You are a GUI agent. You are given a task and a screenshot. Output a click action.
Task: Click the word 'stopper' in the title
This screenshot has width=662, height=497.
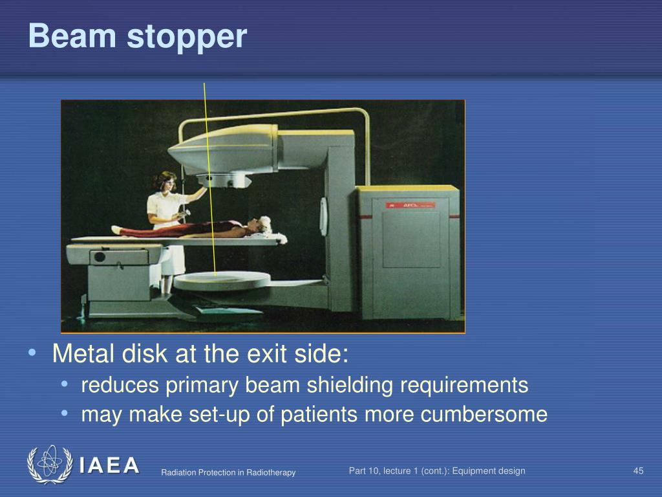(187, 38)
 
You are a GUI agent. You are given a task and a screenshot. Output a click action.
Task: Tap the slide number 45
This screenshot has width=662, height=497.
(638, 470)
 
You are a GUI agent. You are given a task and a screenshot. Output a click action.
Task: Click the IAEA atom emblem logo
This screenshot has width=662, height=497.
(50, 464)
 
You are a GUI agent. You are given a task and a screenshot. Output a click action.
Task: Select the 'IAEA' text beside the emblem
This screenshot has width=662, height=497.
(109, 465)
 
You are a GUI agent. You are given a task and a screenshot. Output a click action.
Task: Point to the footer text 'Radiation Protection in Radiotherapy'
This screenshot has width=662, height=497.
(228, 472)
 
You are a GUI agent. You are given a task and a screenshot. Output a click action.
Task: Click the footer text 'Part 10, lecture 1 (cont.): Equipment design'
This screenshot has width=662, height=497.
(437, 470)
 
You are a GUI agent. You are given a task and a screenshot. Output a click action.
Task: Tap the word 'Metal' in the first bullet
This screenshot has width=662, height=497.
(82, 354)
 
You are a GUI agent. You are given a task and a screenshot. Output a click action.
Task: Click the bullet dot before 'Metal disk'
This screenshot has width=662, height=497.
(32, 354)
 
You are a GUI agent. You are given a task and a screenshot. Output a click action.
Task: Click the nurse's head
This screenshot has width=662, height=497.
(165, 181)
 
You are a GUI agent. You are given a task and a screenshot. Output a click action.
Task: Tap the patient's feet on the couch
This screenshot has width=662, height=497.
(116, 230)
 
